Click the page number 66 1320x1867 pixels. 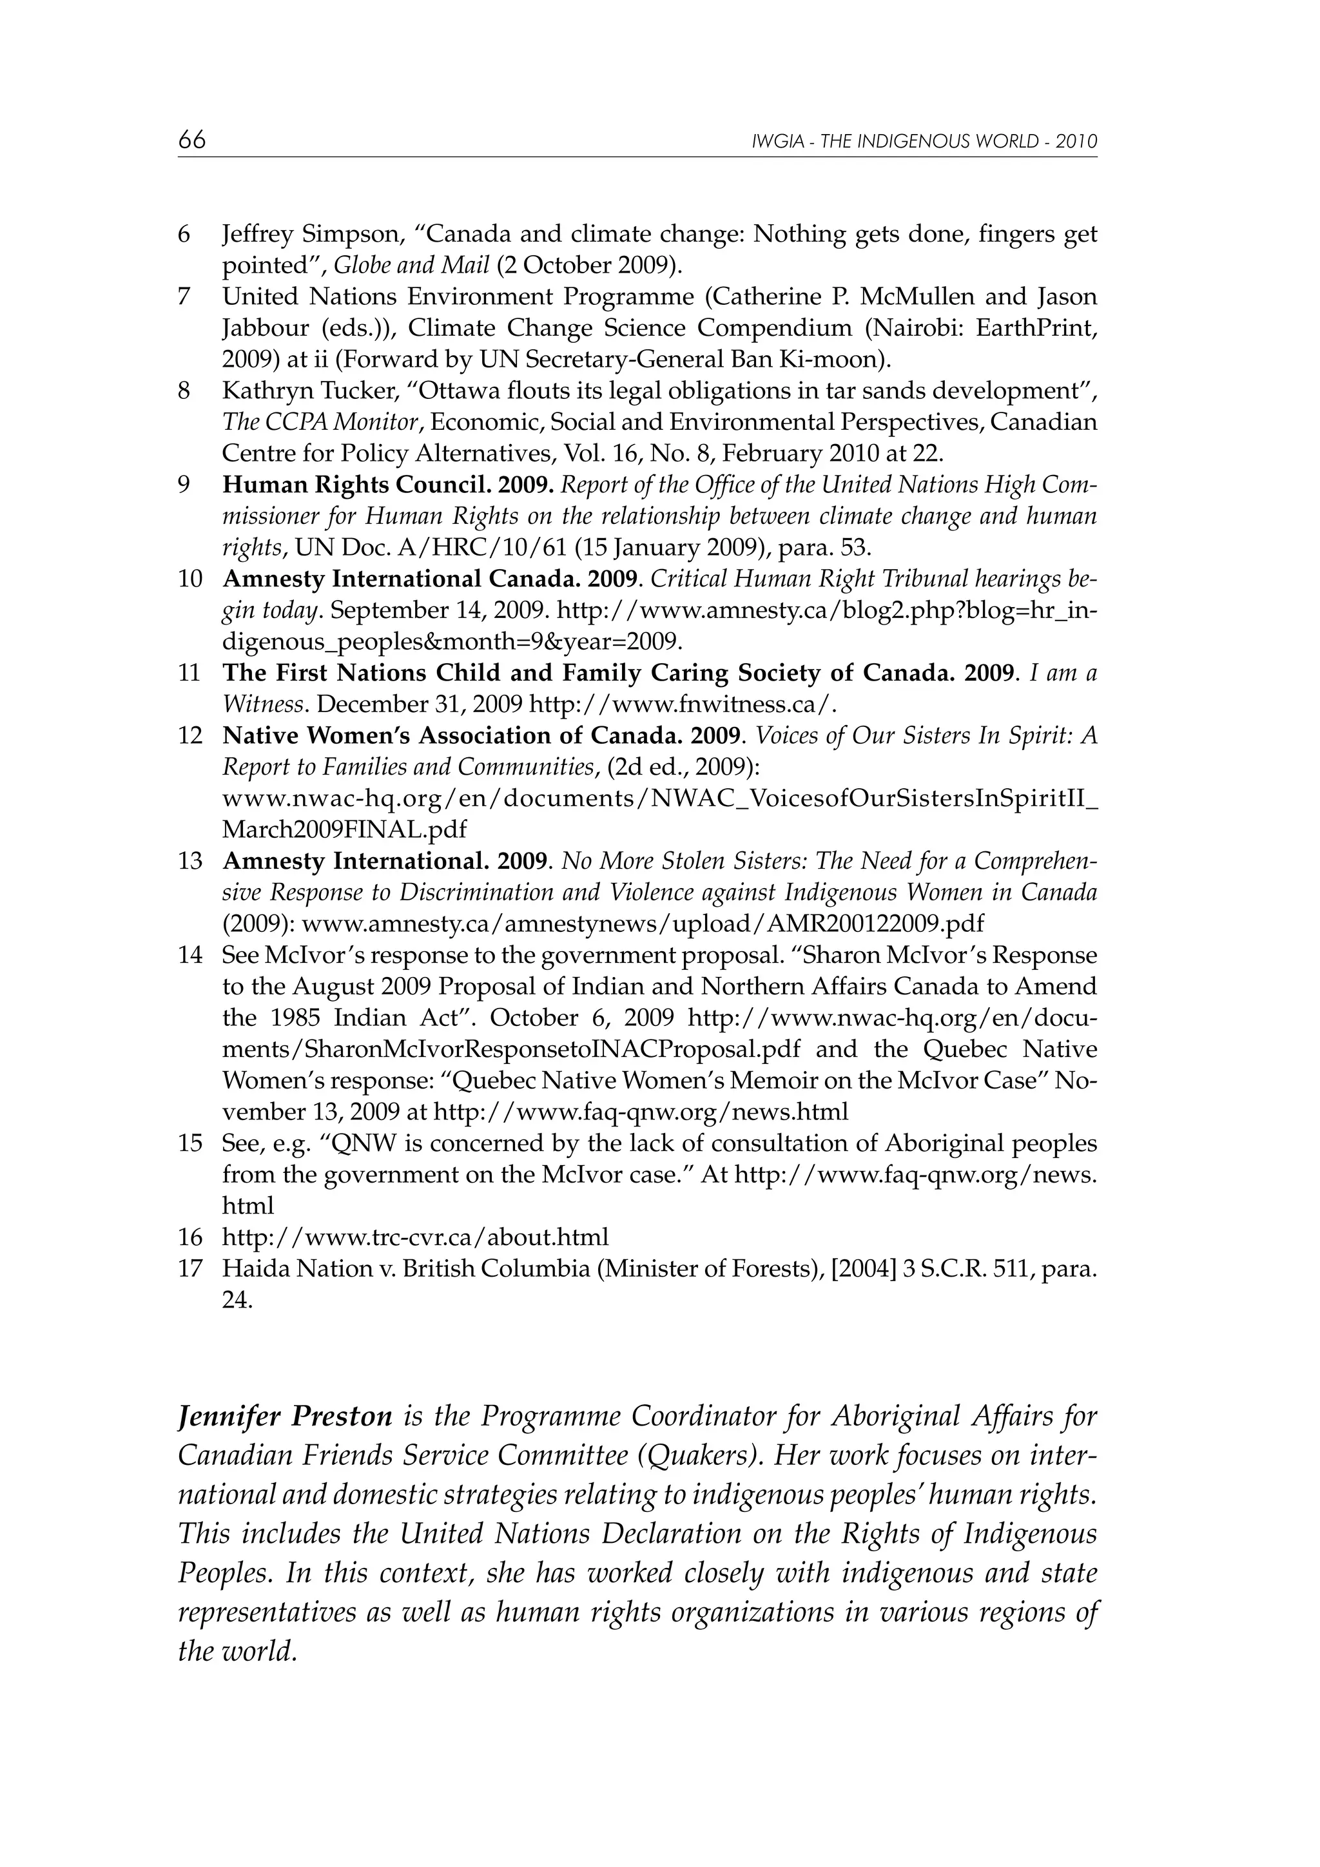point(192,140)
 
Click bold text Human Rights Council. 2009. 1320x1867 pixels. point(388,485)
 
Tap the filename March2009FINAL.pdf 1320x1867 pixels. point(345,829)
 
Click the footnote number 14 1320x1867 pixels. point(189,956)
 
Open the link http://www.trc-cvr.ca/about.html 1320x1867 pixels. point(415,1237)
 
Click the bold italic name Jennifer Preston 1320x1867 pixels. point(286,1417)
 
